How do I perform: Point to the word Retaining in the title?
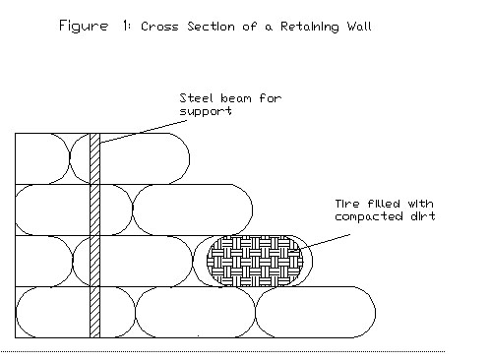(292, 30)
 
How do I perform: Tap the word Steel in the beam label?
(195, 98)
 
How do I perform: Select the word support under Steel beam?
(203, 112)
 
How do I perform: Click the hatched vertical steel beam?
(95, 236)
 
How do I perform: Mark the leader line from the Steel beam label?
(138, 124)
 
